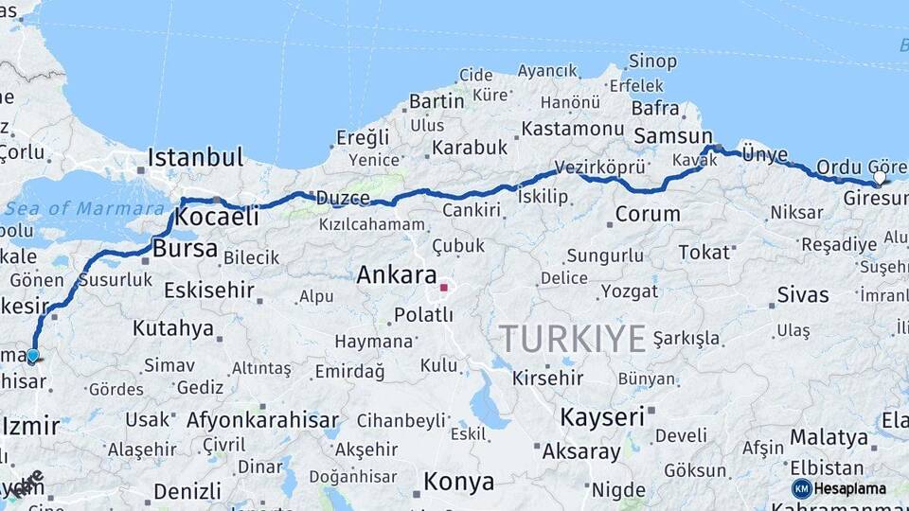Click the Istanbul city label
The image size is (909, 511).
[x=195, y=157]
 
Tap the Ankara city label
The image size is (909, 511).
[x=396, y=275]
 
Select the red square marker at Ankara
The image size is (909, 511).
[x=444, y=286]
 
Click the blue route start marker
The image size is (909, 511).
[x=33, y=356]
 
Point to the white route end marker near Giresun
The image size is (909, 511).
[x=880, y=177]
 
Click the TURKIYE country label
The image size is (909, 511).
[x=573, y=338]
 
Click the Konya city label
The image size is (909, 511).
[x=458, y=482]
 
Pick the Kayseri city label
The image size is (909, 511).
[x=602, y=416]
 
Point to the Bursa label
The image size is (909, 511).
[x=185, y=250]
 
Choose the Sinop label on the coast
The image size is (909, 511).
[x=653, y=62]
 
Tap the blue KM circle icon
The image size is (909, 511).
[x=801, y=488]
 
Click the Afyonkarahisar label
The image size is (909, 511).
[x=262, y=419]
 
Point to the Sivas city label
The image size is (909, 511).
[x=802, y=294]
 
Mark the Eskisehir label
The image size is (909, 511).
[x=209, y=290]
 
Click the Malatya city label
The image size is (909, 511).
[x=829, y=437]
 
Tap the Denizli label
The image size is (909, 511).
[x=187, y=491]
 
